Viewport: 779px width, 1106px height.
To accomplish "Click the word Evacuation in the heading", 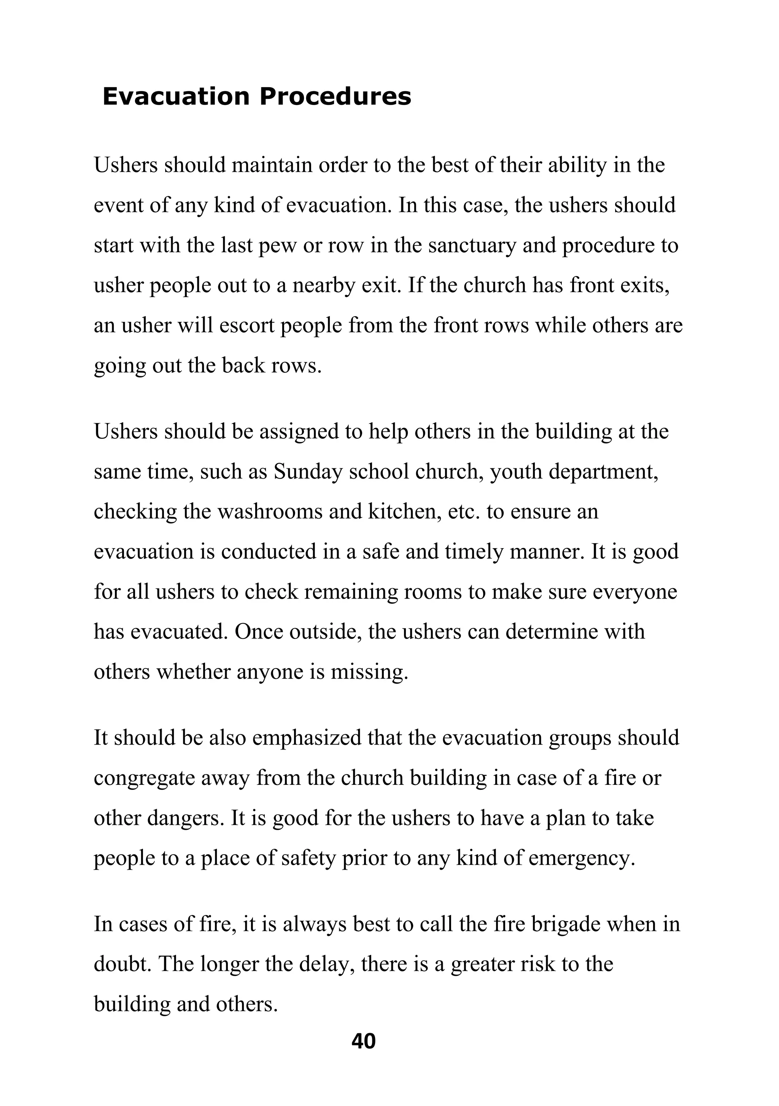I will coord(176,96).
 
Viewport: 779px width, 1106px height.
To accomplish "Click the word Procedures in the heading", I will coord(335,96).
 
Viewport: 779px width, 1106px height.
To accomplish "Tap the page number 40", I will coord(364,1041).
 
